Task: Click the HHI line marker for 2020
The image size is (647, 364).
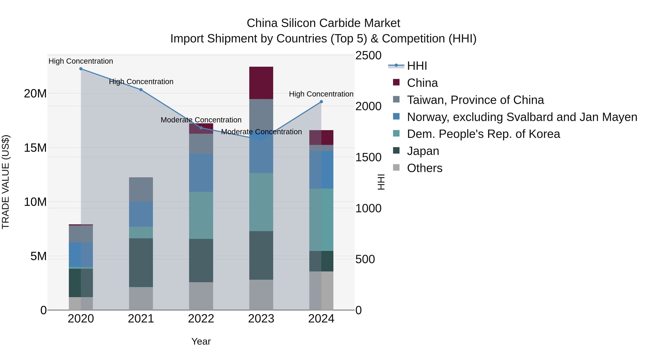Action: (x=81, y=69)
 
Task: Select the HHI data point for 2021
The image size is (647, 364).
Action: (x=141, y=90)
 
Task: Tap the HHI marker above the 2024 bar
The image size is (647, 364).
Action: (x=321, y=102)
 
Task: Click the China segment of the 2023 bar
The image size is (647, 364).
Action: (x=261, y=83)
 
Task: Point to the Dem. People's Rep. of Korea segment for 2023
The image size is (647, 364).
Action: (x=261, y=202)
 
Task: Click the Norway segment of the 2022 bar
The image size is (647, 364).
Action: (x=201, y=173)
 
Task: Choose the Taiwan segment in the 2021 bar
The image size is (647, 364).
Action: (x=141, y=190)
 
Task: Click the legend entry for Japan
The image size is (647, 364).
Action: (x=423, y=151)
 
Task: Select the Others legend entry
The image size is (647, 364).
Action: (x=425, y=168)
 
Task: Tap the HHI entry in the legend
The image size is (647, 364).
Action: (x=417, y=66)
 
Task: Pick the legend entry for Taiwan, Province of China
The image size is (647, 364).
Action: (x=475, y=100)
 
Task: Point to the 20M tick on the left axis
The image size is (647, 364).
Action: (x=35, y=94)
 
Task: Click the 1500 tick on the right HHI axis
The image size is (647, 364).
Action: (x=368, y=157)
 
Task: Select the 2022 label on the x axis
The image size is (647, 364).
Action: (x=201, y=319)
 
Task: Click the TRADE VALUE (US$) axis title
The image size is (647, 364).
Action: (x=6, y=182)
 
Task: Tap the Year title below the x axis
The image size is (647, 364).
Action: (x=201, y=341)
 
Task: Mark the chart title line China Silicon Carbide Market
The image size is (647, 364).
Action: (x=323, y=23)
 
